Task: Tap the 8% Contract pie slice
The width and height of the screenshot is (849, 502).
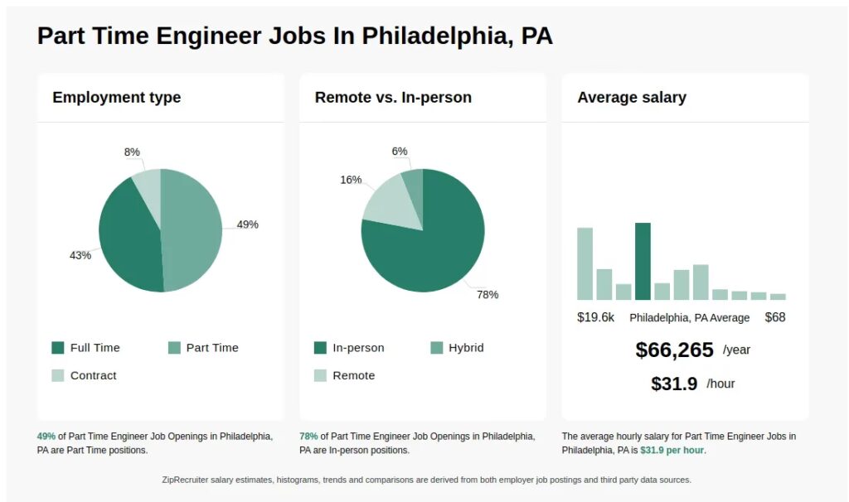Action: (148, 186)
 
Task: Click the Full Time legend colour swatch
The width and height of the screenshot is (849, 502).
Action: (58, 348)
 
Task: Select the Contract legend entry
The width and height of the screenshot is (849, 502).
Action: (93, 375)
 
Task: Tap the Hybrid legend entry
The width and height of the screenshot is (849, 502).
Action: (466, 348)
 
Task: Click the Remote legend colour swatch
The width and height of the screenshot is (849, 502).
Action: (320, 375)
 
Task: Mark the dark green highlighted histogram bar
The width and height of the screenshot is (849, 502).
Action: (643, 261)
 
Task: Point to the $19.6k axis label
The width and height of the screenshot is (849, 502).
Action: (595, 317)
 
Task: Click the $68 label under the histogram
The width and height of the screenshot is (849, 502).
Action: (775, 317)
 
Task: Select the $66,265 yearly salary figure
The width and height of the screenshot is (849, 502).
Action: (674, 350)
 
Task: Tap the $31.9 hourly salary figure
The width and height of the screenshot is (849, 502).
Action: (674, 384)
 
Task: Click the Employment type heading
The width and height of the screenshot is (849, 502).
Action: (116, 97)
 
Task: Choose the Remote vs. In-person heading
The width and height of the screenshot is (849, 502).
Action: (393, 97)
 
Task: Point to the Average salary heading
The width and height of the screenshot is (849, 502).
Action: (632, 97)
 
